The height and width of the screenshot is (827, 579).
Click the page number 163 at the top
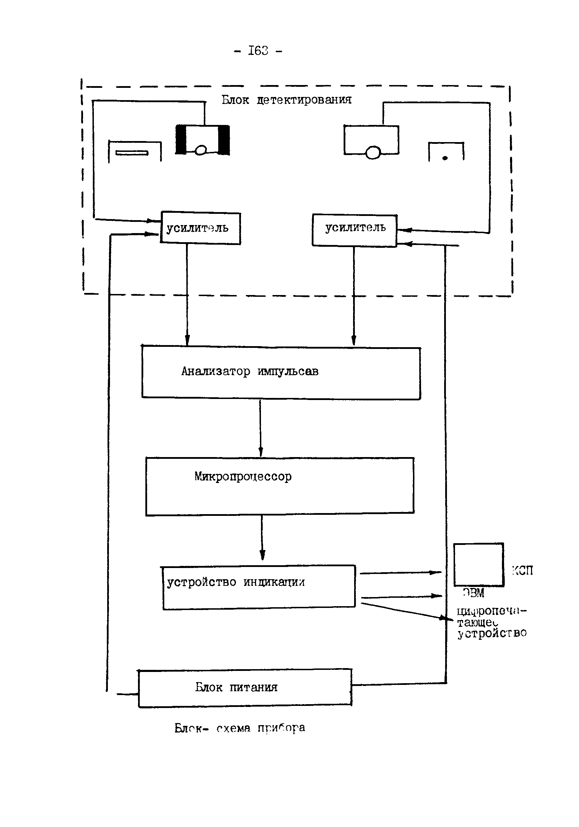(x=258, y=51)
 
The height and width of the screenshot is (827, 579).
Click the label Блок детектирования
(x=286, y=100)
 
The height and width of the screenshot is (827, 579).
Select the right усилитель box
(x=354, y=231)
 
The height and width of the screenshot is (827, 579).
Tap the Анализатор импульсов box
(x=281, y=373)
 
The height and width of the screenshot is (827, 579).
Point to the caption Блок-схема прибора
(x=240, y=728)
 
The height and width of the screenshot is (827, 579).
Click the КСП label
(x=522, y=570)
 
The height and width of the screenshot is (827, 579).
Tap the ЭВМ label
(x=474, y=593)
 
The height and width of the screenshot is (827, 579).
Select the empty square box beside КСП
(x=478, y=565)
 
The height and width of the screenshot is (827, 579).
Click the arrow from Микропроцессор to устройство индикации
(x=262, y=538)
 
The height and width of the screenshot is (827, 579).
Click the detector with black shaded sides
(x=202, y=140)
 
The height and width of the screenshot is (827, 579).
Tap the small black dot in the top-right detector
(x=445, y=158)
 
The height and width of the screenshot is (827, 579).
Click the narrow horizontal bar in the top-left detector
(x=132, y=153)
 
